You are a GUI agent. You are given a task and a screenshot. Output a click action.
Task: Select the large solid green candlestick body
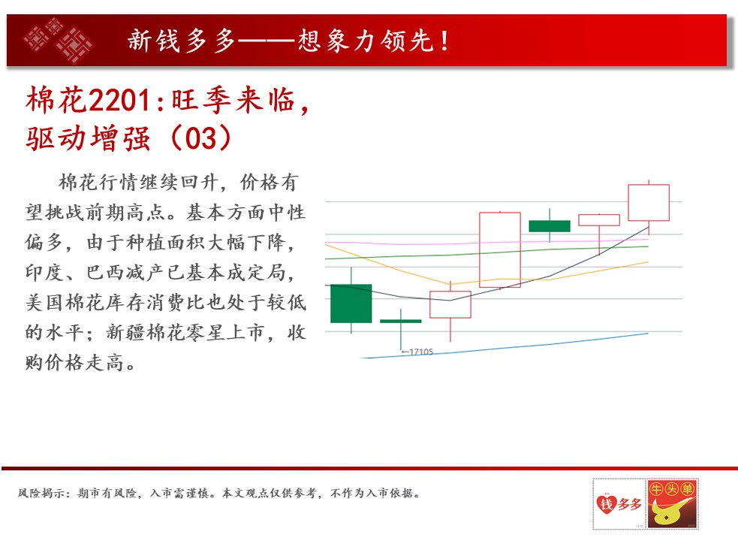351,304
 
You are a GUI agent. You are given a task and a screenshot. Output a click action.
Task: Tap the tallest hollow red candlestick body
500,249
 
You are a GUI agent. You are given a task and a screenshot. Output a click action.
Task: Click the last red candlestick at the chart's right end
649,203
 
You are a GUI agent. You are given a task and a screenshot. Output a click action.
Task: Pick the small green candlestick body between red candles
550,225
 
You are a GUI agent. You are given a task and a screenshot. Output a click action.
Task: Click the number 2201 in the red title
119,100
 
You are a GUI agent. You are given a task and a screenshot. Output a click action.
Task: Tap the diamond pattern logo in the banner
59,40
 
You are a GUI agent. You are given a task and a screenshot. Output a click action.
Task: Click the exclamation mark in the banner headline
444,41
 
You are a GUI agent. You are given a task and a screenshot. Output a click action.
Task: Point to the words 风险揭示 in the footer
41,494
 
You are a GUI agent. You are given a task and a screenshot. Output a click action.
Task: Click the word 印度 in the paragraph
45,273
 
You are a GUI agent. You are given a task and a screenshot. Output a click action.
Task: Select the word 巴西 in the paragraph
106,273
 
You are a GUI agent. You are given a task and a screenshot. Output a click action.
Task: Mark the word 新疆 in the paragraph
125,333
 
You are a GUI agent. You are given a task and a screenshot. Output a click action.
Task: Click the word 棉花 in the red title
56,100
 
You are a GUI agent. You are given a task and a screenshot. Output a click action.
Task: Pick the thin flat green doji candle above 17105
401,322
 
